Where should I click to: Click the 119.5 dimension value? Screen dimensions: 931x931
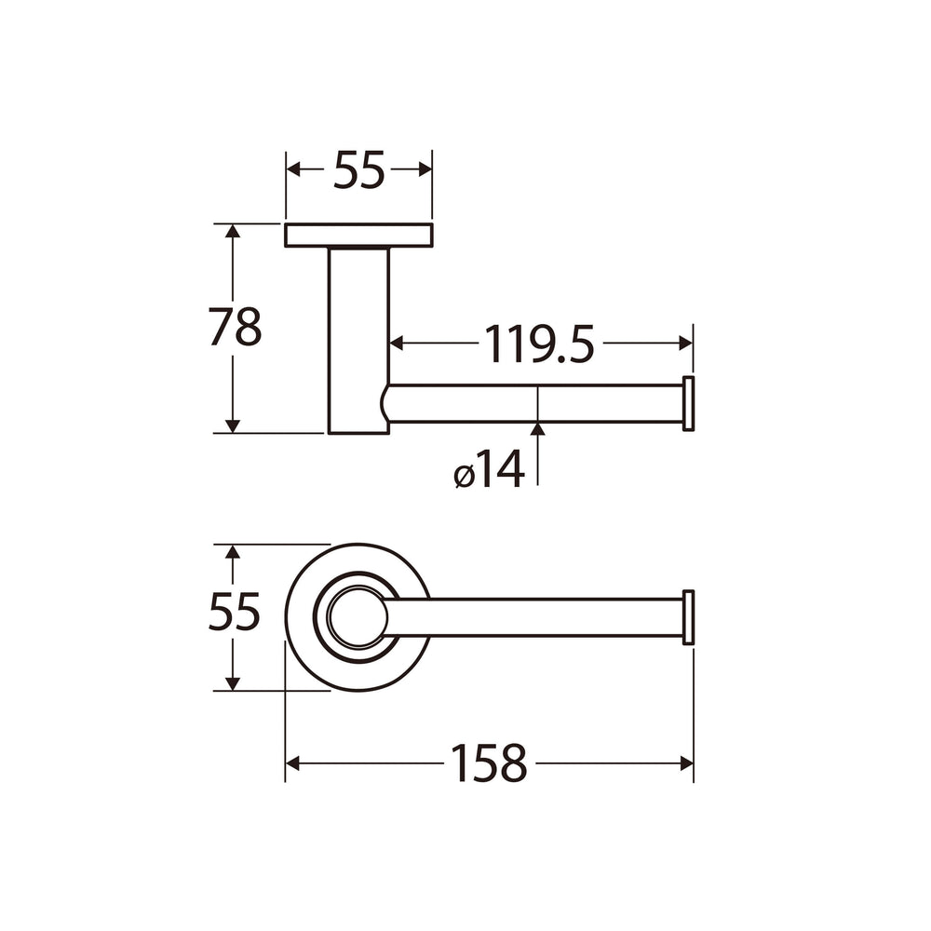(539, 344)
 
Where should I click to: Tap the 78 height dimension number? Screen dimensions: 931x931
(235, 327)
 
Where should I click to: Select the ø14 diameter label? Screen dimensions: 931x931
(490, 469)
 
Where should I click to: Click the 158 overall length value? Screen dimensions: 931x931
(490, 763)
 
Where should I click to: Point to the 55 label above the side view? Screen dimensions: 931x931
(359, 169)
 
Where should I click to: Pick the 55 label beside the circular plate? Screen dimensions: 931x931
(235, 612)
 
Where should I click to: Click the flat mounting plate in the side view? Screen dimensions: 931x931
(358, 236)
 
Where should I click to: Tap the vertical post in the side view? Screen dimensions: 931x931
(358, 340)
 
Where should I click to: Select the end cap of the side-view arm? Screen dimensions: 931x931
(689, 404)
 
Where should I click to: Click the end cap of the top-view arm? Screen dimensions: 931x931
(689, 617)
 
